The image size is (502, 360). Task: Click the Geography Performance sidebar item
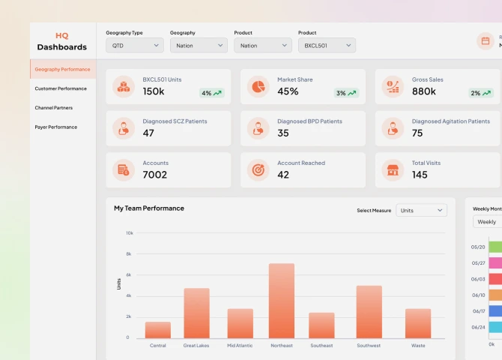(62, 69)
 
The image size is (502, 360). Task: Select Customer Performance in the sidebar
(61, 88)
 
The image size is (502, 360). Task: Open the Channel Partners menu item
(54, 108)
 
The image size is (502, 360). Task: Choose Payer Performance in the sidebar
(56, 127)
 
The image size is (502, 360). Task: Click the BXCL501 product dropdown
(327, 46)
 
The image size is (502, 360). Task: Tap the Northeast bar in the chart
(281, 301)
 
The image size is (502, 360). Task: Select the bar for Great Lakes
(196, 313)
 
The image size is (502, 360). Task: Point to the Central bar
(158, 330)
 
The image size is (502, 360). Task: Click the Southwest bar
(369, 311)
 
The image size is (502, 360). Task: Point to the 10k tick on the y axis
(129, 233)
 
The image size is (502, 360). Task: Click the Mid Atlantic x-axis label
(240, 346)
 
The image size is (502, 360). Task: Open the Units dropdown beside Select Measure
(421, 211)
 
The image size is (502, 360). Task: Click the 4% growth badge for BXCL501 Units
(211, 93)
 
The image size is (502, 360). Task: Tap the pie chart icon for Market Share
(258, 86)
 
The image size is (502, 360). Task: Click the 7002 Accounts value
(154, 175)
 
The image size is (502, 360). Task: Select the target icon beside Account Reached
(258, 170)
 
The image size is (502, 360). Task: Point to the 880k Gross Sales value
(423, 91)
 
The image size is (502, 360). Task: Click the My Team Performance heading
(148, 208)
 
